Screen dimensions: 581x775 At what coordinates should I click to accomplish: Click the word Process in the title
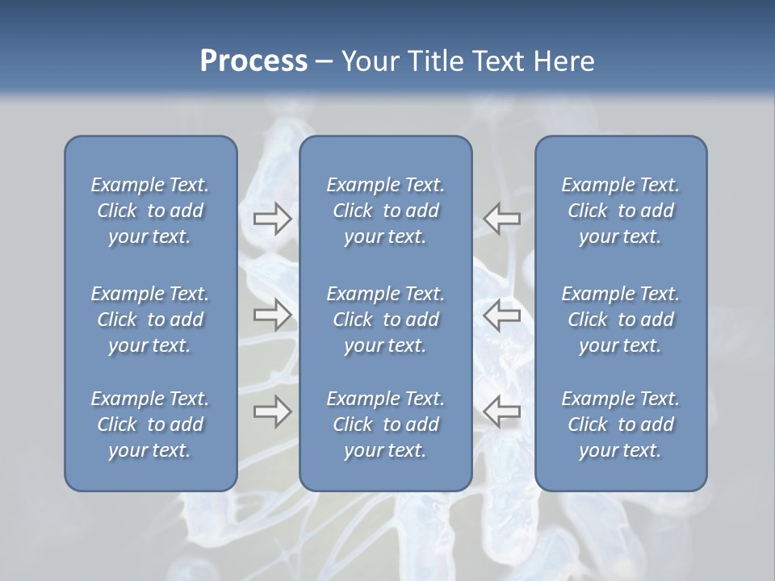tap(253, 61)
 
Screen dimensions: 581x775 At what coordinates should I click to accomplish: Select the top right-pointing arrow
tap(272, 219)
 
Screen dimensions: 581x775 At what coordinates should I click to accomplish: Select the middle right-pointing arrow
tap(272, 315)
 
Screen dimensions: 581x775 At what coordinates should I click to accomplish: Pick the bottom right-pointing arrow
tap(272, 412)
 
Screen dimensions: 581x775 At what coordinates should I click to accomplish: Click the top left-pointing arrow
tap(502, 219)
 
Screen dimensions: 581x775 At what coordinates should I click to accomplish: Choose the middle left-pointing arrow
tap(502, 315)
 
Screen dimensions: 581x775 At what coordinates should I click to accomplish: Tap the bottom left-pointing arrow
tap(502, 412)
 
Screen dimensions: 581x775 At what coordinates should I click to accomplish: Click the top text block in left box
tap(150, 211)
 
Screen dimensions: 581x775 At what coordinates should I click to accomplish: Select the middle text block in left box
tap(150, 320)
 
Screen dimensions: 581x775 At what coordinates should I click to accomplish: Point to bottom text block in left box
tap(150, 424)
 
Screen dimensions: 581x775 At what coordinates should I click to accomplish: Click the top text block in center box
tap(385, 211)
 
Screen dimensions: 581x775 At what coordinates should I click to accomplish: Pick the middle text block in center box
tap(385, 320)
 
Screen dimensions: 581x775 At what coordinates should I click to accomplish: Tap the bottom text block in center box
tap(385, 424)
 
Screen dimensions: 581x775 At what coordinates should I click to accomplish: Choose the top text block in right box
tap(620, 211)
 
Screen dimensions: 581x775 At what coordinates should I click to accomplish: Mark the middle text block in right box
tap(620, 320)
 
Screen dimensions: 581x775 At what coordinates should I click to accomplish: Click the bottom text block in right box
tap(620, 424)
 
